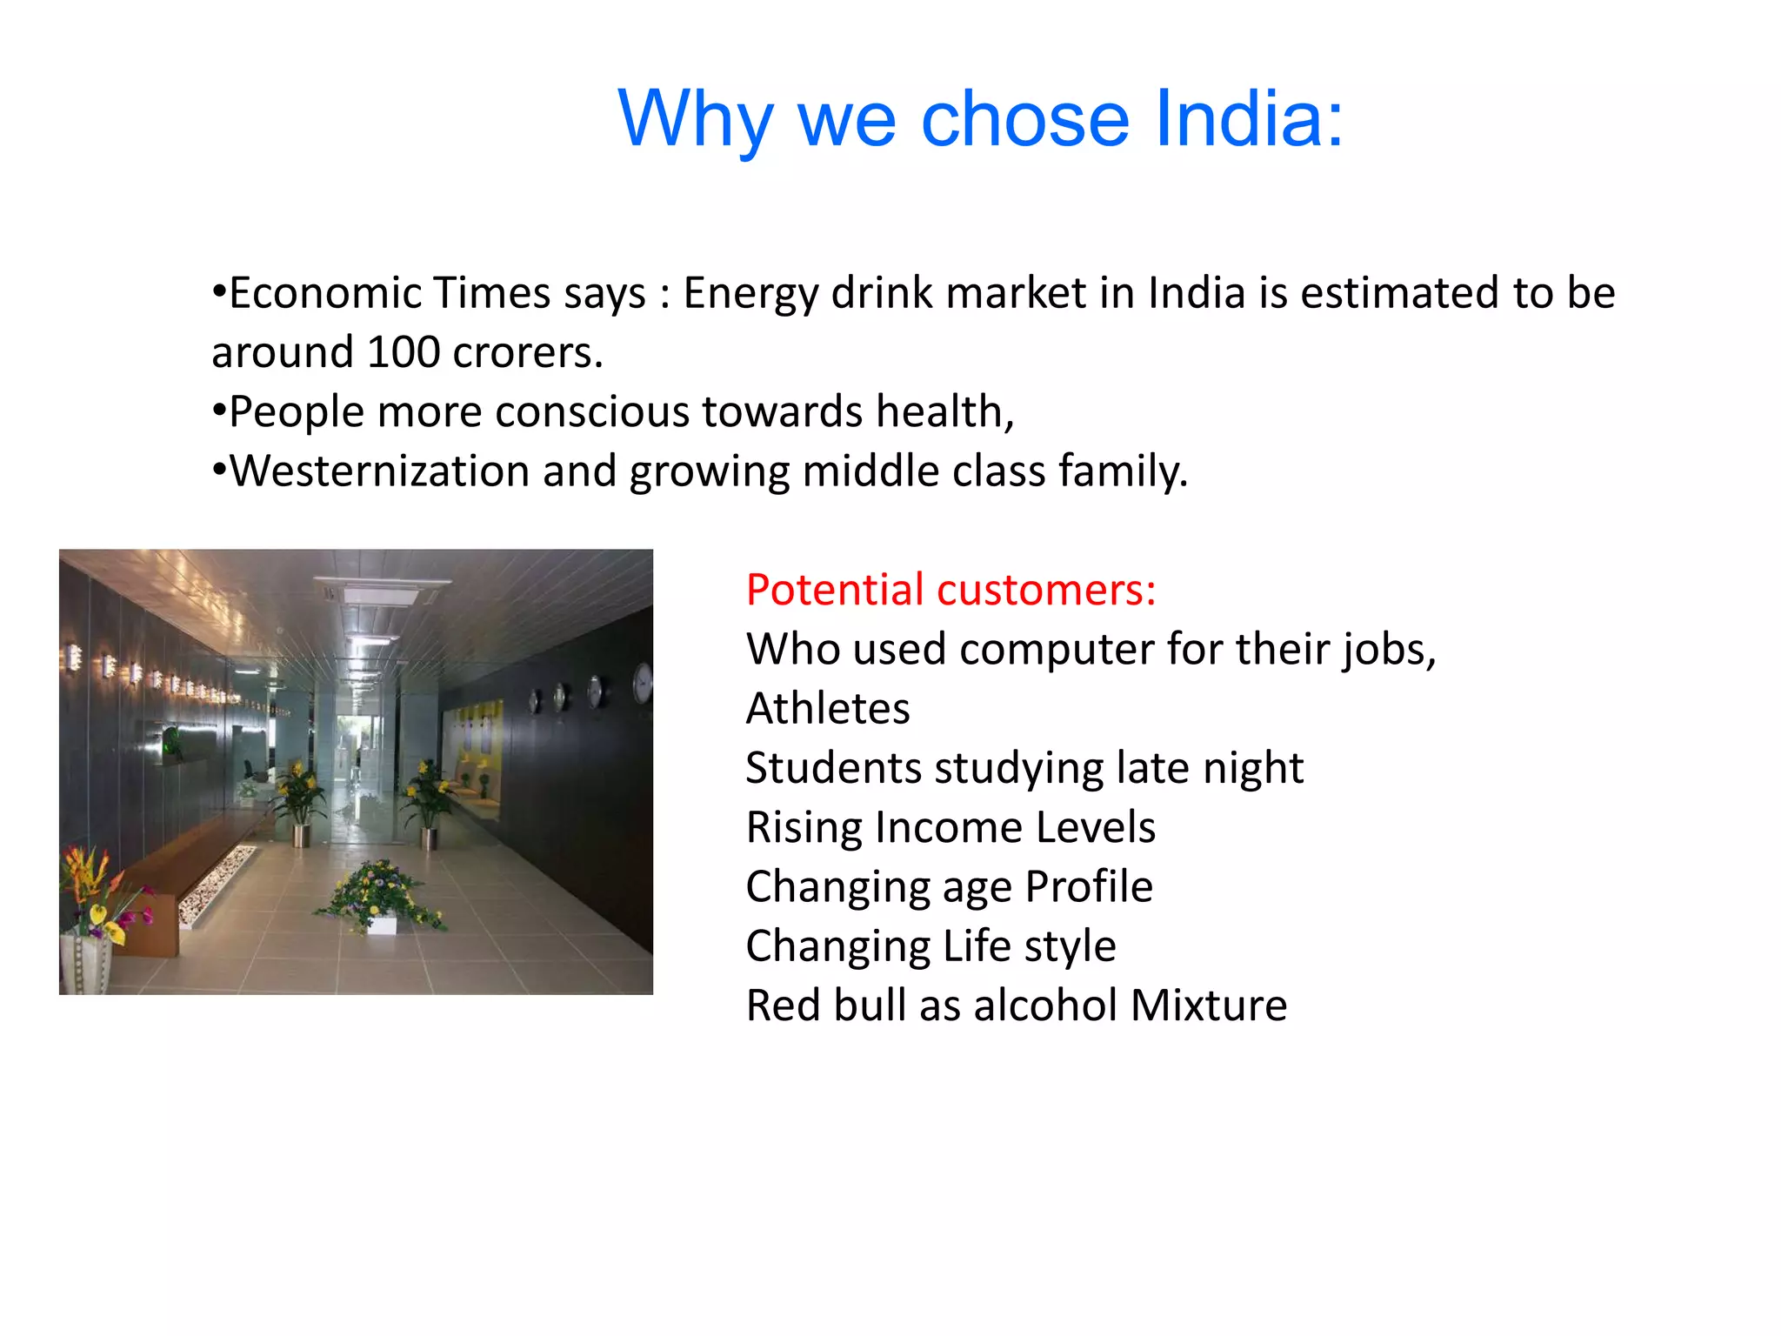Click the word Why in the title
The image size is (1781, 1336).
(x=695, y=120)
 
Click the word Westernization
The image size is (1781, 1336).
(x=379, y=471)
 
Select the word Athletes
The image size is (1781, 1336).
(x=828, y=709)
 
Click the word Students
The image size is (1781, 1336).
(x=832, y=768)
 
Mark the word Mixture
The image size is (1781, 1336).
(x=1209, y=1005)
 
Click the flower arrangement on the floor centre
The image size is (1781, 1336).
(x=379, y=896)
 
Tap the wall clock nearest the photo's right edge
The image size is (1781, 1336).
(x=643, y=683)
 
